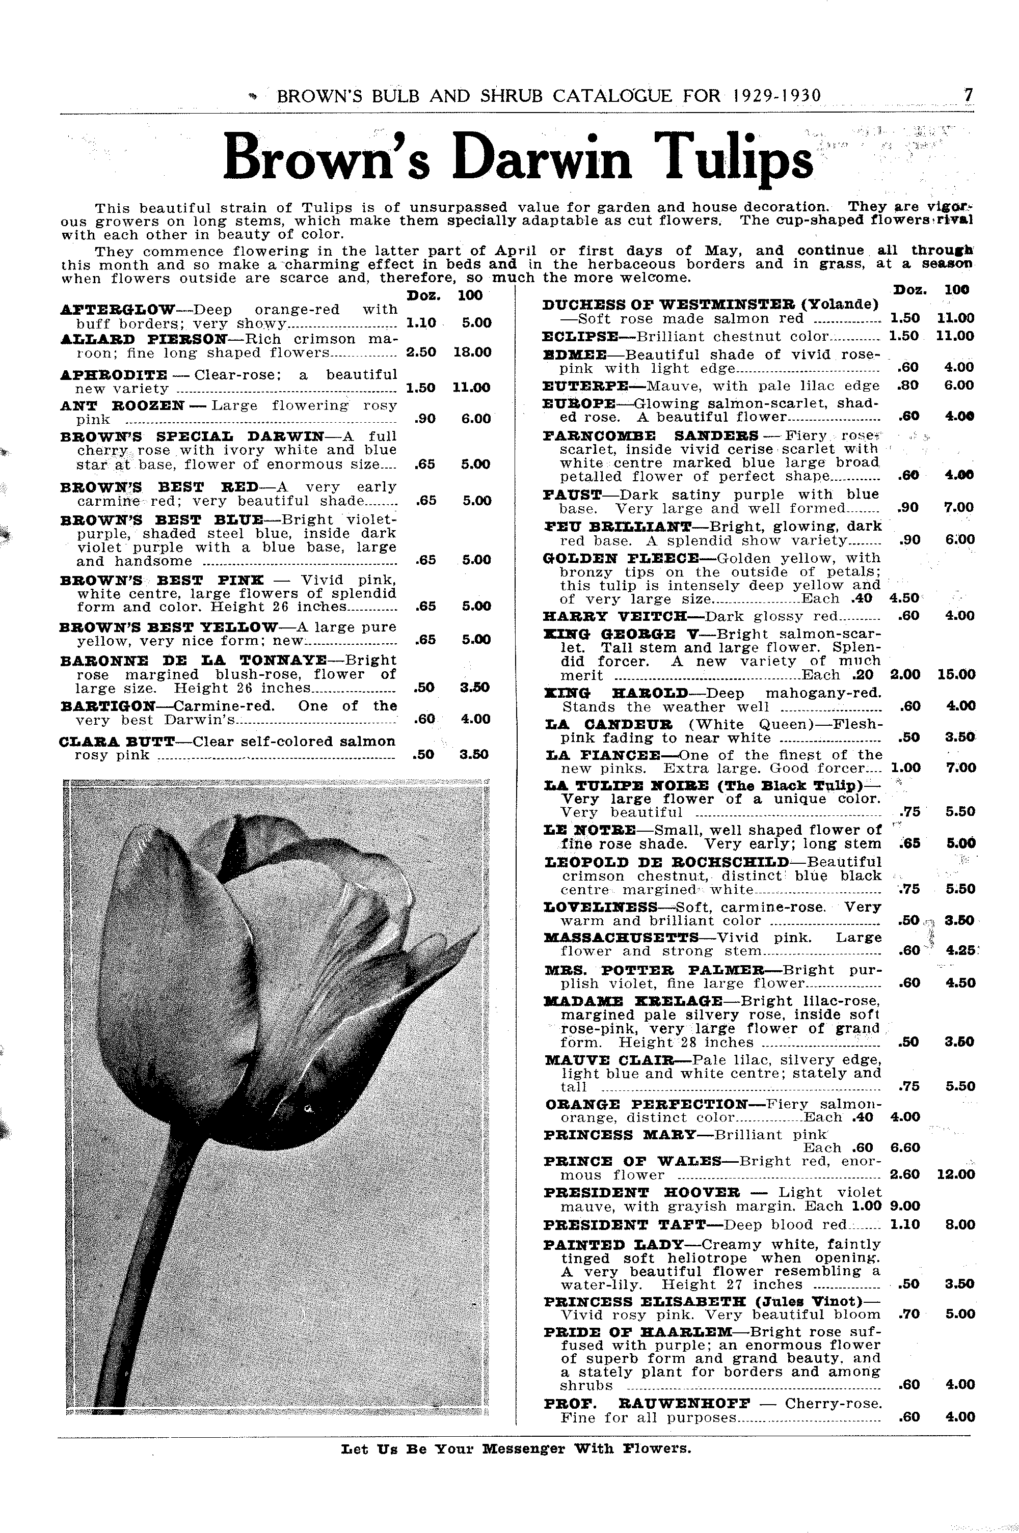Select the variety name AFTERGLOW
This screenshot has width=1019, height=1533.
117,309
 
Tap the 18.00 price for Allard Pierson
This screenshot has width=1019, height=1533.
472,353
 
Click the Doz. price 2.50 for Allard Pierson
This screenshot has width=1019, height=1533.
420,353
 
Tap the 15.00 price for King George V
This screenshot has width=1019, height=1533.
956,675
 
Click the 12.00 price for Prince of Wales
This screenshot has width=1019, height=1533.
956,1174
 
